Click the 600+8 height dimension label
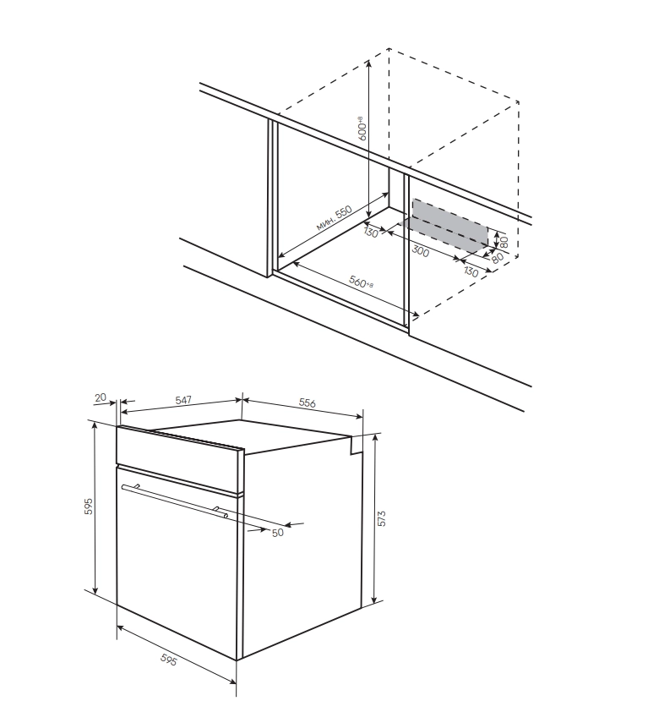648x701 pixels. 362,129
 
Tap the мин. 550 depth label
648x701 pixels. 334,217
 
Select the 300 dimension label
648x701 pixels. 420,251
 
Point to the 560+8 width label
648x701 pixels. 361,282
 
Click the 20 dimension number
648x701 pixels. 101,397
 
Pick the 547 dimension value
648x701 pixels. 183,399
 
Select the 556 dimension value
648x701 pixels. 307,403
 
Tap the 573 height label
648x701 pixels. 381,518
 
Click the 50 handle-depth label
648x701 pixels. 277,533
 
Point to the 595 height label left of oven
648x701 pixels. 89,506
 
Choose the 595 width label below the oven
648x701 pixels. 169,660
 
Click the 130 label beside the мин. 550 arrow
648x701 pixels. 371,233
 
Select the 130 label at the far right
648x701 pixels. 471,271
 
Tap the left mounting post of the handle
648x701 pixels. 136,486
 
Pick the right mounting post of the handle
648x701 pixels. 216,509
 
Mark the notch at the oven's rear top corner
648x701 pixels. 355,445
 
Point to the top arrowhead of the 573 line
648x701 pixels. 374,438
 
